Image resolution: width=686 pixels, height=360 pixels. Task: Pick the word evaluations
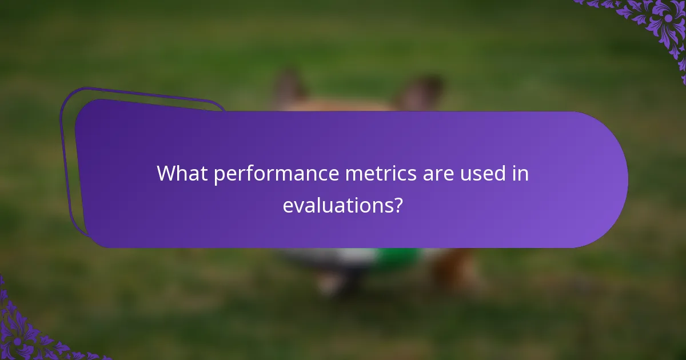[338, 205]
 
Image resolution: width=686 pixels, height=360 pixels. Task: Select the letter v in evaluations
[298, 206]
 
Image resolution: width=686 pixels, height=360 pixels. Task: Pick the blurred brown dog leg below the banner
[452, 269]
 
